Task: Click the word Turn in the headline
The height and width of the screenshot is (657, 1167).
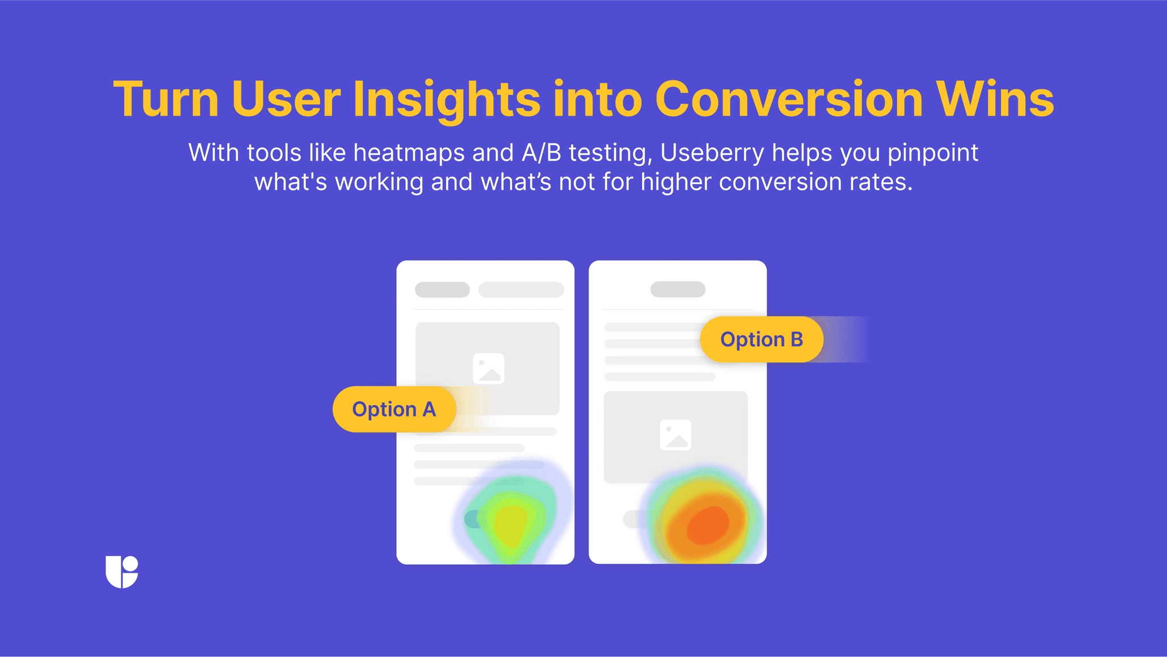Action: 166,100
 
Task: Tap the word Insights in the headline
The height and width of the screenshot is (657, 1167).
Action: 446,100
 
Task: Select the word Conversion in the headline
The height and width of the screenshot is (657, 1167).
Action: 789,100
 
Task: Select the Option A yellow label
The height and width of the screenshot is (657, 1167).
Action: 394,409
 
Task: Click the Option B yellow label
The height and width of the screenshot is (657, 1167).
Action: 761,340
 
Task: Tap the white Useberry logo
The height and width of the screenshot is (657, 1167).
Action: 122,572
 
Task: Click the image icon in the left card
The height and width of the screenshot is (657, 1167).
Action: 488,369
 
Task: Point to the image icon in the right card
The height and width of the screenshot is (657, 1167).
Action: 675,435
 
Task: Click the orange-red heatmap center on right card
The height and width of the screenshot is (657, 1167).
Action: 707,525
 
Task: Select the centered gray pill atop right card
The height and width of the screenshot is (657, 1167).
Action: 678,289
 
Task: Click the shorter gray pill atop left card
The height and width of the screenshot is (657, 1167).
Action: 442,290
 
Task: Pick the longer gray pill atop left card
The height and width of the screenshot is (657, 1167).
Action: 521,290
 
